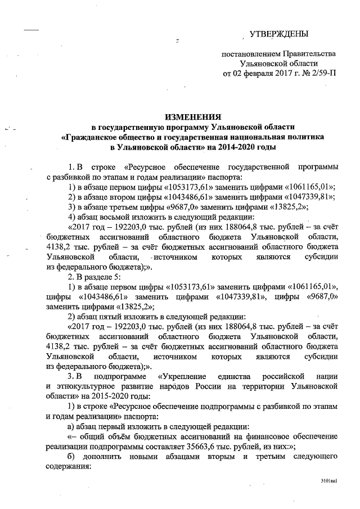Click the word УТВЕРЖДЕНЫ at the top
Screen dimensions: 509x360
coord(278,35)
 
